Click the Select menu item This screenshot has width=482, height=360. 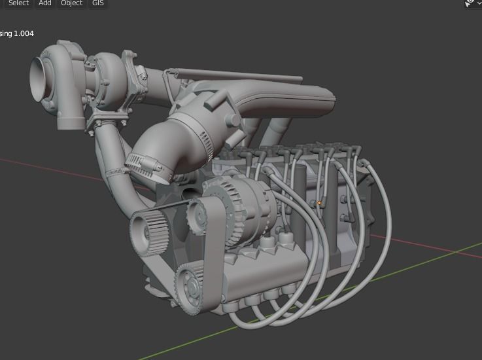[18, 3]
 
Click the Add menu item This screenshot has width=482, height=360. [44, 3]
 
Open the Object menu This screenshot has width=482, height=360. [71, 3]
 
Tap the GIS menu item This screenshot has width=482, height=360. [97, 3]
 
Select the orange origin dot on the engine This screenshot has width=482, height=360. [319, 203]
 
